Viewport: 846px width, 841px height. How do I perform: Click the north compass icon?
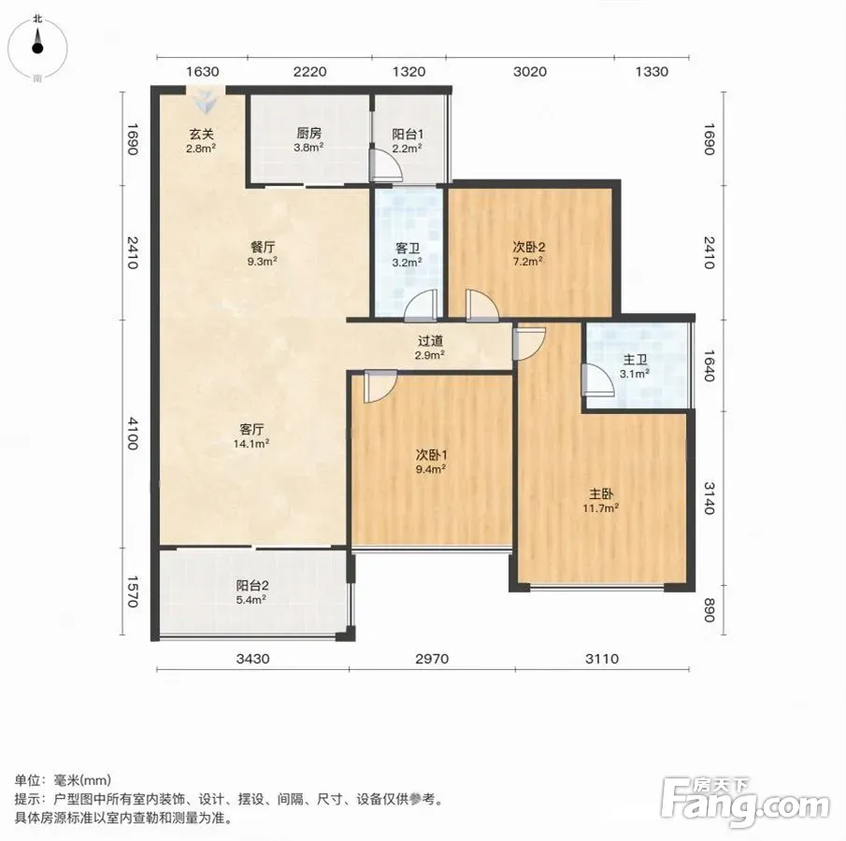tap(37, 48)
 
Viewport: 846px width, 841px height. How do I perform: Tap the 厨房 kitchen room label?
tap(309, 133)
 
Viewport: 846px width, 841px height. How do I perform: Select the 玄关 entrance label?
tap(201, 134)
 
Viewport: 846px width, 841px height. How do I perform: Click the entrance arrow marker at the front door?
tap(205, 102)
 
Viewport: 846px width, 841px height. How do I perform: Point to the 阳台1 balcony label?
tap(408, 134)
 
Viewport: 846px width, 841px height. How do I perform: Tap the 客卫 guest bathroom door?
tap(421, 305)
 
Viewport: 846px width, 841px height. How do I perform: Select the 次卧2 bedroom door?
tap(482, 306)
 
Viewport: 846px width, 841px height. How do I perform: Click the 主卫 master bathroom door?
tap(597, 380)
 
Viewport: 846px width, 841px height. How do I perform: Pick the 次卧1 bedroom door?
tap(380, 386)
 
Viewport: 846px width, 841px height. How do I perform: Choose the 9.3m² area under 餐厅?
tap(263, 262)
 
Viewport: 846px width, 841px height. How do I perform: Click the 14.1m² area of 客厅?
tap(251, 444)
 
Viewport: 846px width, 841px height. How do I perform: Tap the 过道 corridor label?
tap(430, 341)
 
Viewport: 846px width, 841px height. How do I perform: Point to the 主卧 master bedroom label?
tap(600, 494)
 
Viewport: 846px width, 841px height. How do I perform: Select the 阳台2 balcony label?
tap(252, 586)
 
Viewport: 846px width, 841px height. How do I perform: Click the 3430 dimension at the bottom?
tap(253, 659)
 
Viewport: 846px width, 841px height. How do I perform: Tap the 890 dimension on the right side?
tap(709, 610)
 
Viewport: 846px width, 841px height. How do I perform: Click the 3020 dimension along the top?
tap(530, 72)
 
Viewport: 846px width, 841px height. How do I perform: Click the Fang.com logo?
tap(745, 803)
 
